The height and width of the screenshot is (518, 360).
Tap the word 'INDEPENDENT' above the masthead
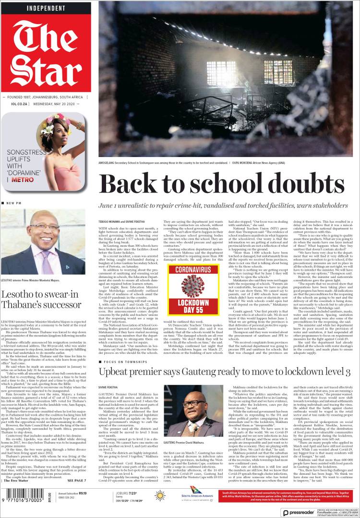[46, 8]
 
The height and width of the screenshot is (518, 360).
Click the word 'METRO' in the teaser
[22, 180]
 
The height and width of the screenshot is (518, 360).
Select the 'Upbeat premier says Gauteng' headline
[223, 372]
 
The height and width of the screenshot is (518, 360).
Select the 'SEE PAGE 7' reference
[77, 481]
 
